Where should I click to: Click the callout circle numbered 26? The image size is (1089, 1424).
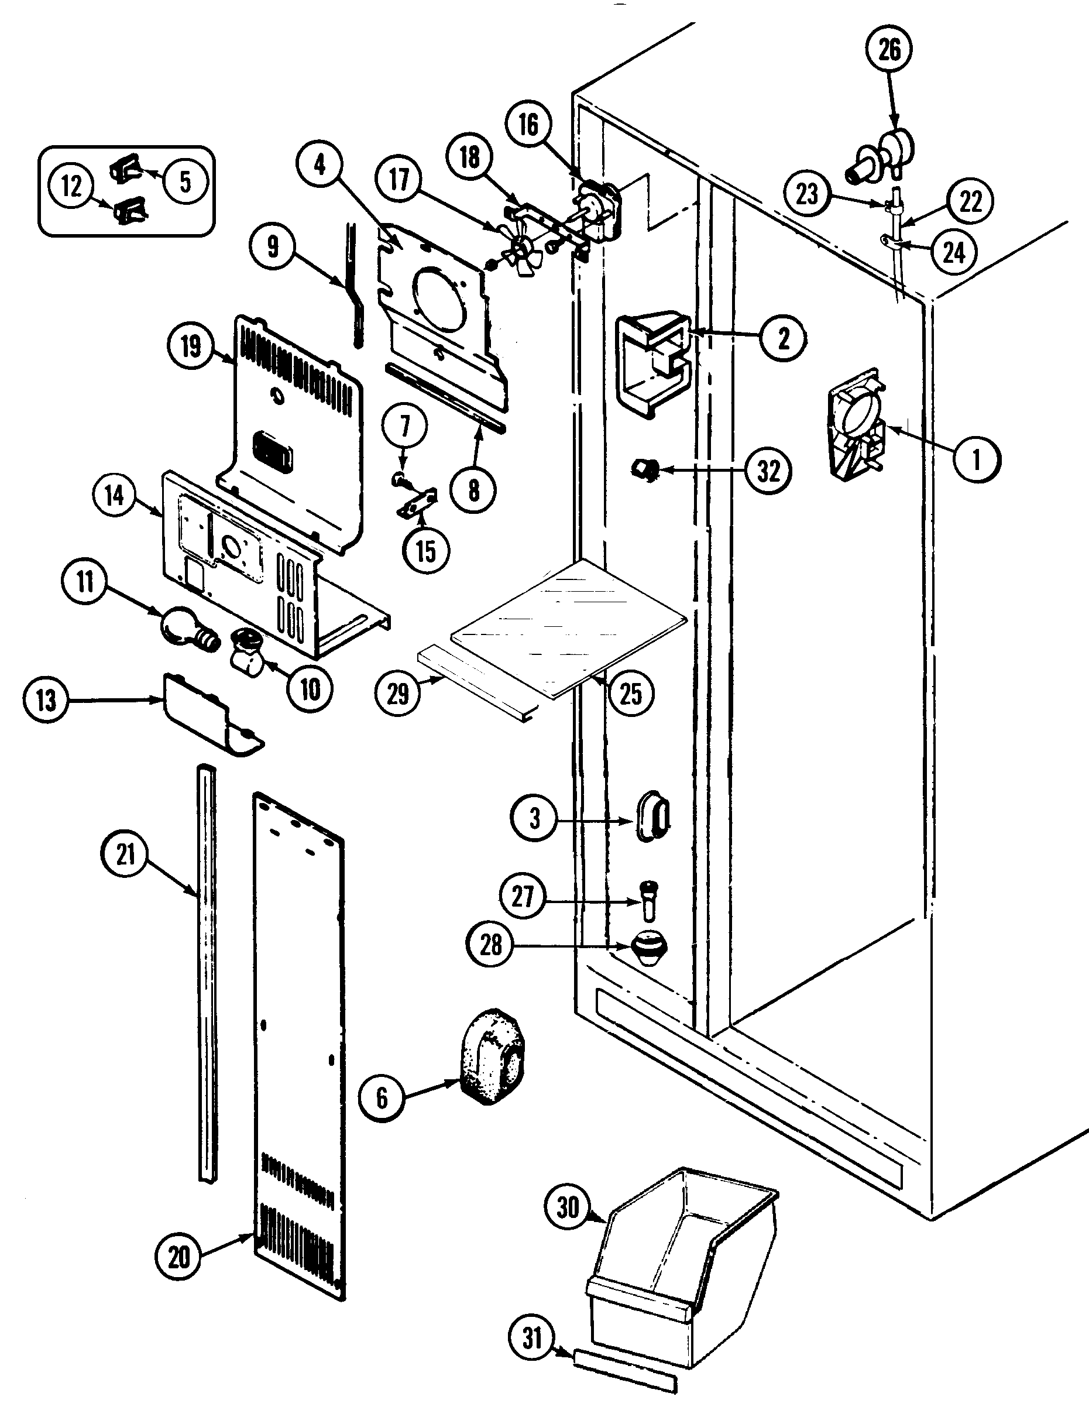(889, 49)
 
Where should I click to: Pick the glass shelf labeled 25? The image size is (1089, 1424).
(567, 624)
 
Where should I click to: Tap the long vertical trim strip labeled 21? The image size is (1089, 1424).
(206, 972)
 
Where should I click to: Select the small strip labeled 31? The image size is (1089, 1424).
(624, 1371)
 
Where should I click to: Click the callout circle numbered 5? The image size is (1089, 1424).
(185, 181)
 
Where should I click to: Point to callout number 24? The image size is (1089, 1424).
(953, 253)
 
